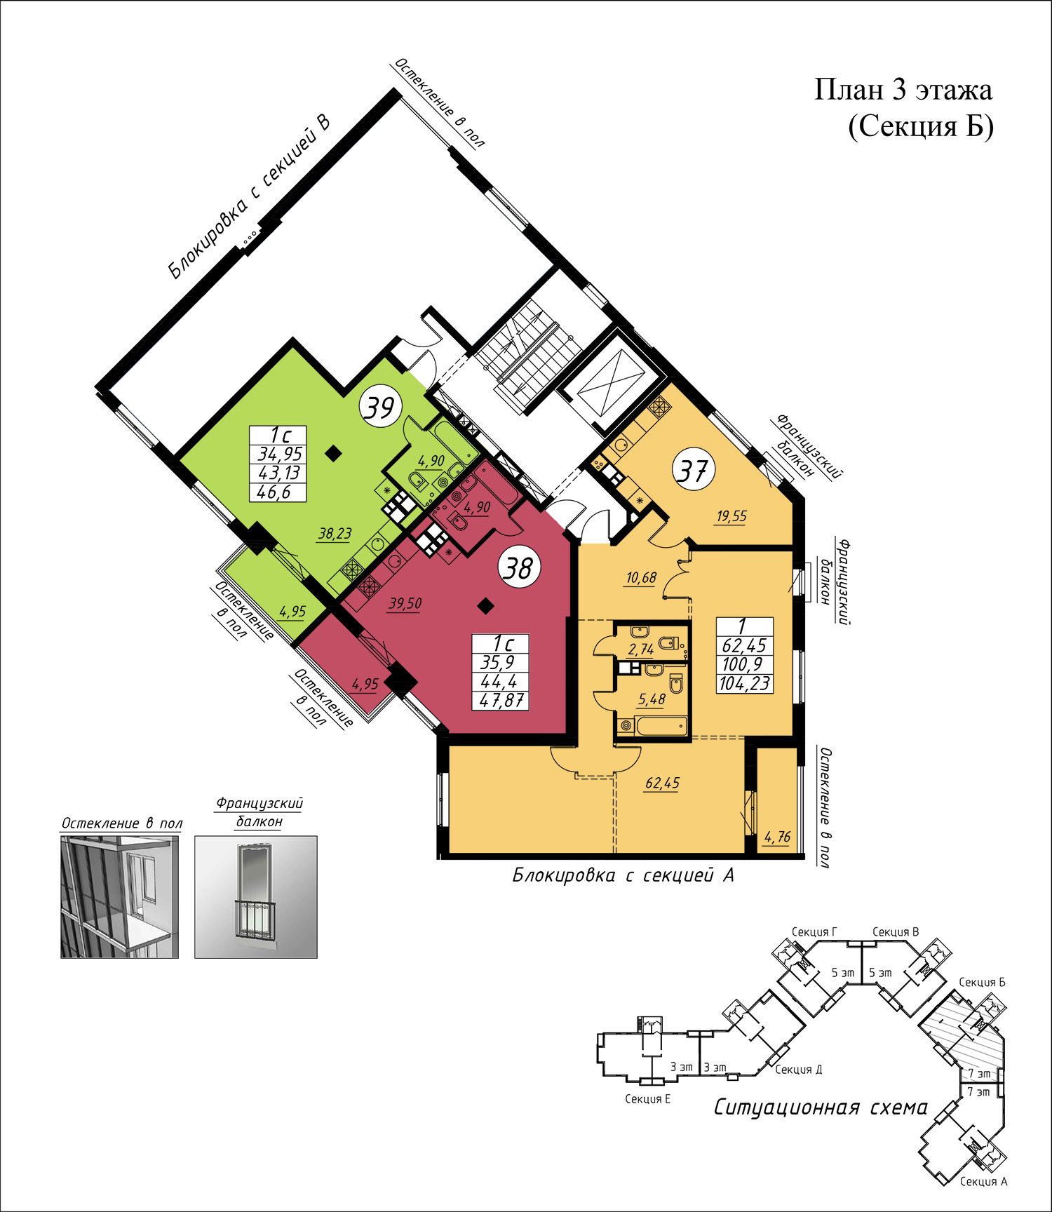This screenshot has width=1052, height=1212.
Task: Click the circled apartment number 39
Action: [x=380, y=407]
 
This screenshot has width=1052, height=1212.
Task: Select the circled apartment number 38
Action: [x=520, y=567]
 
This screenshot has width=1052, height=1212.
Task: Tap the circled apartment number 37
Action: [x=694, y=470]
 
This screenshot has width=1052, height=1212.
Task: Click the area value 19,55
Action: [x=731, y=516]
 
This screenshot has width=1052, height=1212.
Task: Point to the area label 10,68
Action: [x=641, y=577]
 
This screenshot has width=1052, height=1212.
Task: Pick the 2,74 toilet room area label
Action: [x=641, y=649]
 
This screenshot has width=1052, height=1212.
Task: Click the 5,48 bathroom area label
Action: [x=652, y=699]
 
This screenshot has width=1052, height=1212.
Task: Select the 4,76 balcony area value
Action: [x=777, y=837]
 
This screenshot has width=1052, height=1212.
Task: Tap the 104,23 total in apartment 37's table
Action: [x=744, y=683]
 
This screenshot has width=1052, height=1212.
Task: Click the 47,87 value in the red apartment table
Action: [x=501, y=700]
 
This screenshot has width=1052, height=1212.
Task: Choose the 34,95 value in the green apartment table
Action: [x=279, y=454]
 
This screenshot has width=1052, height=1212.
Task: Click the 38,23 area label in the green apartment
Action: [x=335, y=534]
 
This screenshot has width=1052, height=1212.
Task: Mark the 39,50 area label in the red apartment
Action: [x=405, y=603]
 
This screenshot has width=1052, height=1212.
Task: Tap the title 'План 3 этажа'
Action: [x=903, y=90]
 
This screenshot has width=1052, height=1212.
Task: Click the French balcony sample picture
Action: [x=256, y=896]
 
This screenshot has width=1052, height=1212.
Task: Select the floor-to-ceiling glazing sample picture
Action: [x=119, y=896]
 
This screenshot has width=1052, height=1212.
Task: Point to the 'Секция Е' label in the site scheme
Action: [x=647, y=1099]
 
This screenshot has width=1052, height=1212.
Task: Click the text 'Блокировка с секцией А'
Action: [x=623, y=875]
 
